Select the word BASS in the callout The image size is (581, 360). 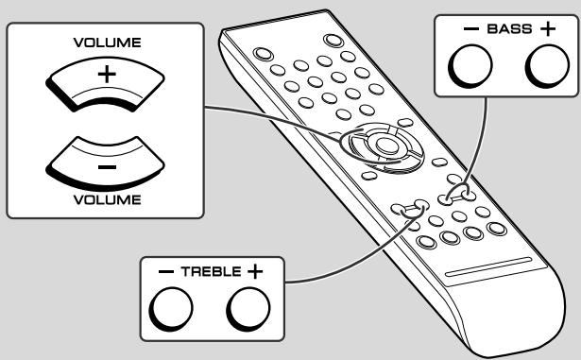coord(509,29)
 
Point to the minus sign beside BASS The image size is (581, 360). coord(471,29)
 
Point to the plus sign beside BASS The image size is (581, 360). coord(547,29)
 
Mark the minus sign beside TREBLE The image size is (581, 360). coord(166,271)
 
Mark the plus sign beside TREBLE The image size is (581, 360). coord(253,271)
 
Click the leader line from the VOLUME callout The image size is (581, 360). coord(274,119)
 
